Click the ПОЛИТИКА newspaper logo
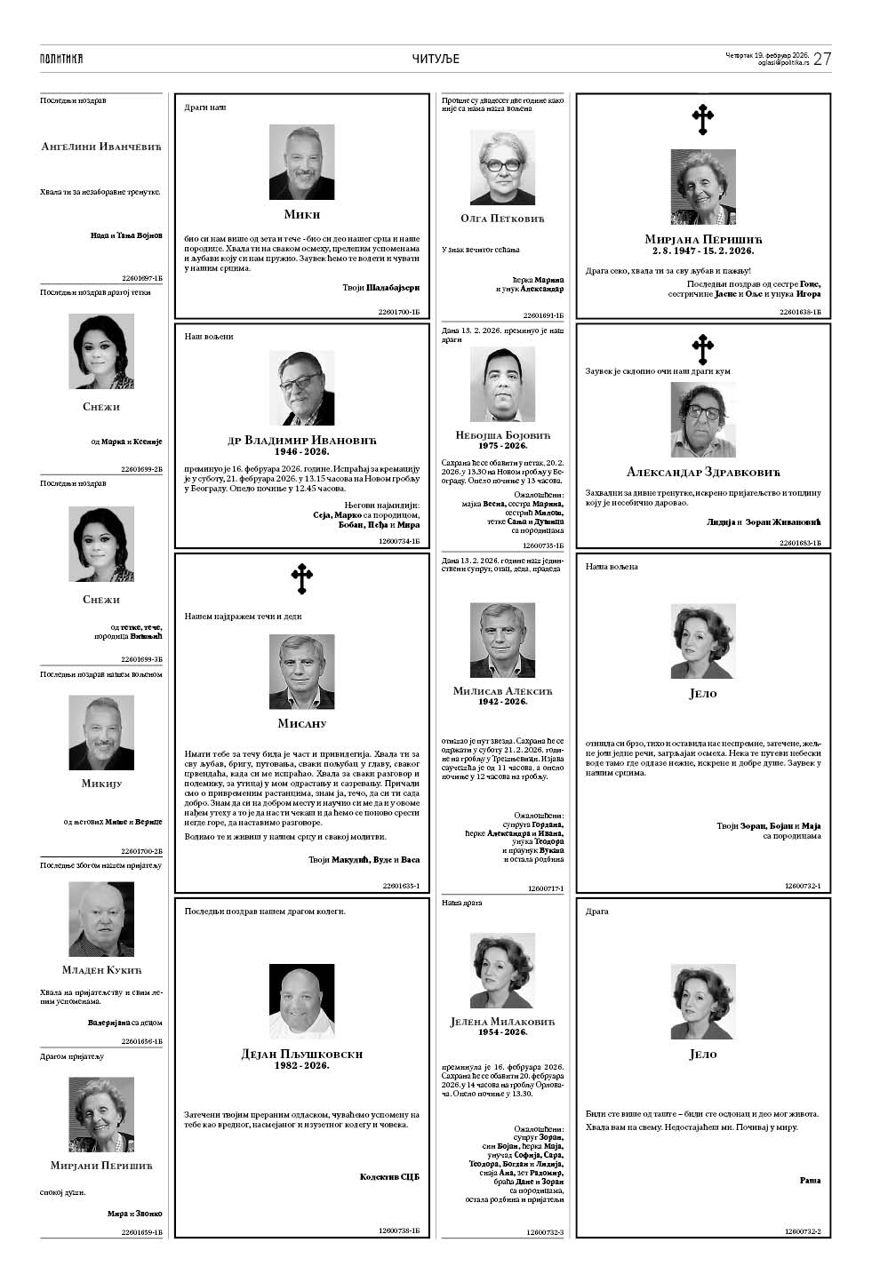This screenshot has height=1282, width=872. click(61, 59)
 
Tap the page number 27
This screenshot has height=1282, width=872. click(822, 59)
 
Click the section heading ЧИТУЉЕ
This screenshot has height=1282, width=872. click(436, 59)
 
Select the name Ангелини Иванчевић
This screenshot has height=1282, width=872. click(101, 146)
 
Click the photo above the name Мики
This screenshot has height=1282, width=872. click(302, 163)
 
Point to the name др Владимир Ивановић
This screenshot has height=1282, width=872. click(302, 440)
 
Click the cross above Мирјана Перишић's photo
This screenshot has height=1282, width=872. click(703, 120)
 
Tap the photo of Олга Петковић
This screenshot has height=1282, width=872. click(502, 168)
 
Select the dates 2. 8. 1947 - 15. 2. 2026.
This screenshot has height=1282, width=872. click(703, 251)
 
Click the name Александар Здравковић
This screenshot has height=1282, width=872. click(703, 472)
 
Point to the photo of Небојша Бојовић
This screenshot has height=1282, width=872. click(502, 384)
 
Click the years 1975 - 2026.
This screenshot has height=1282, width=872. click(502, 446)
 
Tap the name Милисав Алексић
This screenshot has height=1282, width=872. click(502, 690)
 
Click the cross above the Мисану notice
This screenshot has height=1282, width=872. click(302, 578)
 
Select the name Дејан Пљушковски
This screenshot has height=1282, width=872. click(302, 1054)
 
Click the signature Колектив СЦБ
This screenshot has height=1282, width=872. click(389, 1177)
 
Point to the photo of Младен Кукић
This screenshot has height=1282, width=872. click(101, 919)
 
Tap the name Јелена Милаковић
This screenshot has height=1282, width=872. click(502, 1022)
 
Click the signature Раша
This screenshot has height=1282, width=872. click(810, 1181)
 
